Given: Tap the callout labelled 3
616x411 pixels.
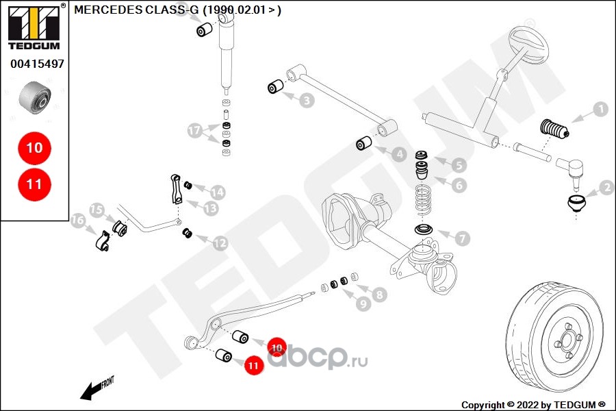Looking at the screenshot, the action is click(x=307, y=101).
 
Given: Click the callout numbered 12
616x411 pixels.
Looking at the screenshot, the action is click(x=220, y=242).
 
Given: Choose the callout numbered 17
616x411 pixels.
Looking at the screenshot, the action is click(x=195, y=129).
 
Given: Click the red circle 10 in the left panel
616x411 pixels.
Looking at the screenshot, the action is click(x=34, y=147).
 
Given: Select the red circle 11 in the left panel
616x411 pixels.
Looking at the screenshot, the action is click(x=34, y=184).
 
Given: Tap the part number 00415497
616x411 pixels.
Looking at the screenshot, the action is click(x=37, y=64).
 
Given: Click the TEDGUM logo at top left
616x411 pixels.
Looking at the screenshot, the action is click(x=33, y=26).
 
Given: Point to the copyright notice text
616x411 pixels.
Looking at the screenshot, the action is click(x=533, y=404).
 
